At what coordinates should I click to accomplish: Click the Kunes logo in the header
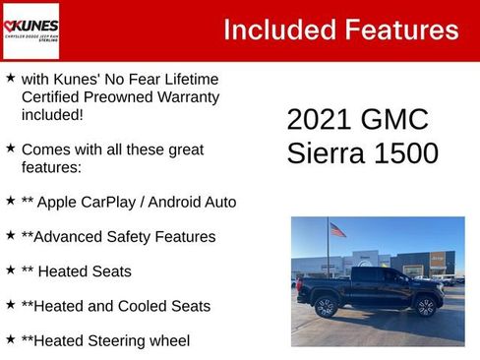(30, 30)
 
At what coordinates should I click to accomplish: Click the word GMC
(396, 120)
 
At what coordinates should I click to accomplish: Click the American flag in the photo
(338, 230)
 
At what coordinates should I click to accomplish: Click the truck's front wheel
(426, 306)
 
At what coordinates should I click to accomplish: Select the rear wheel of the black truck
(327, 307)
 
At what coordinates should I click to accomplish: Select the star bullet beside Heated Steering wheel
(11, 338)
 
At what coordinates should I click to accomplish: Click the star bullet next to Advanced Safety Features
(11, 235)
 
